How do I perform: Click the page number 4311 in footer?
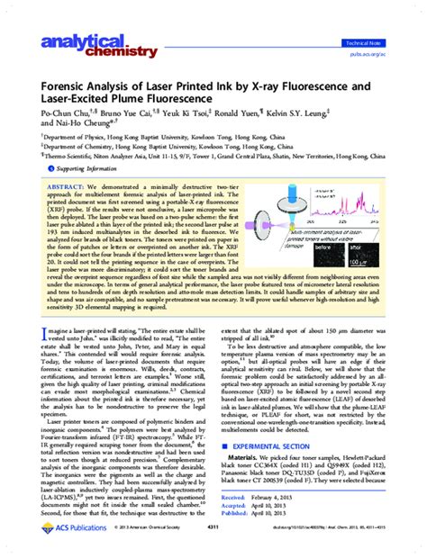pyautogui.click(x=213, y=551)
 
